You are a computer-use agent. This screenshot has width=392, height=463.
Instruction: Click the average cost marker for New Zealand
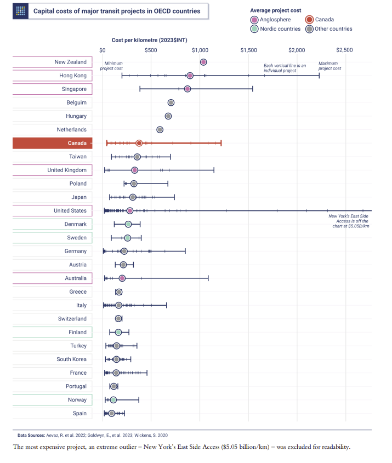pyautogui.click(x=203, y=62)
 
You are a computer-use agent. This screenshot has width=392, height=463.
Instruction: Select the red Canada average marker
pyautogui.click(x=139, y=143)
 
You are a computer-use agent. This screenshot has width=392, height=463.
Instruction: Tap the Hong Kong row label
pyautogui.click(x=53, y=76)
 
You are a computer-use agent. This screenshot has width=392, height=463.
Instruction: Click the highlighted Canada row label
pyautogui.click(x=53, y=143)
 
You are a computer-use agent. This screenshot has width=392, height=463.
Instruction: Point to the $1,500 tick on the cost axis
pyautogui.click(x=248, y=50)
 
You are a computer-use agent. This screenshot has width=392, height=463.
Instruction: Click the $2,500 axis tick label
pyautogui.click(x=345, y=50)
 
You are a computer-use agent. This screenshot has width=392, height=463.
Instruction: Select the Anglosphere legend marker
pyautogui.click(x=254, y=20)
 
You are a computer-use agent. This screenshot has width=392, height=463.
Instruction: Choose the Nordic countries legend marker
pyautogui.click(x=254, y=29)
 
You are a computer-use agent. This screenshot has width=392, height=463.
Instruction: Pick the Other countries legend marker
pyautogui.click(x=310, y=29)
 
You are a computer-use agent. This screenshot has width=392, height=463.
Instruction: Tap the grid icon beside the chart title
pyautogui.click(x=21, y=11)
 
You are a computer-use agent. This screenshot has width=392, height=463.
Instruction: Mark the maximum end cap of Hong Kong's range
pyautogui.click(x=319, y=76)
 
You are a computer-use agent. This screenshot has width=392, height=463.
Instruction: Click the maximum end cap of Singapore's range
pyautogui.click(x=253, y=89)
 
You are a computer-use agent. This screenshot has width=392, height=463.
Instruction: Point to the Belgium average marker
pyautogui.click(x=171, y=102)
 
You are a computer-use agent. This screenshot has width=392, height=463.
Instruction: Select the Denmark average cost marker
pyautogui.click(x=128, y=224)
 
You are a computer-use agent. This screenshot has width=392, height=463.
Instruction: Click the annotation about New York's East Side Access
pyautogui.click(x=349, y=221)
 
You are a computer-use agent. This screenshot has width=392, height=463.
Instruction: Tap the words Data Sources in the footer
pyautogui.click(x=31, y=435)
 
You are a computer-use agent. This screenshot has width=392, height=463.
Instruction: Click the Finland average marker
pyautogui.click(x=118, y=332)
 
